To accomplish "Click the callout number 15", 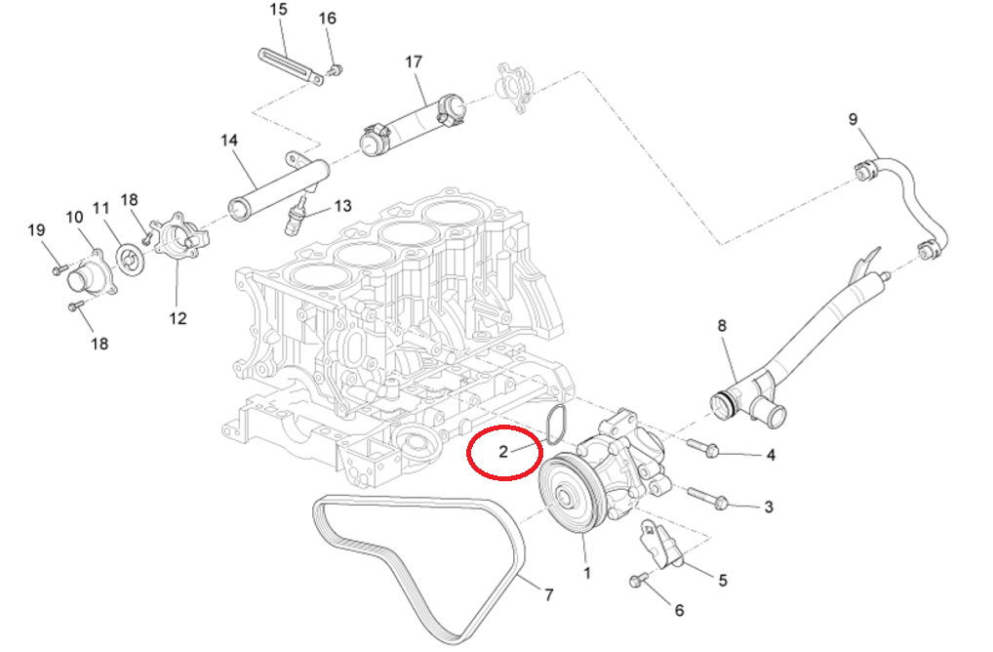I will [x=278, y=10].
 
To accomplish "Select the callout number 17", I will [x=414, y=61].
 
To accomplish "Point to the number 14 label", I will [x=229, y=141].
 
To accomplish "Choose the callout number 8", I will [x=722, y=326].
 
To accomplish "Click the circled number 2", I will [x=503, y=452].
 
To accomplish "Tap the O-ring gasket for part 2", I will [x=556, y=423].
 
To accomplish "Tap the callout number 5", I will [x=723, y=580].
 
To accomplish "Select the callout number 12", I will [x=177, y=317].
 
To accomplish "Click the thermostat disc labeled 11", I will [x=128, y=258].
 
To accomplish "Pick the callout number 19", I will [x=36, y=230].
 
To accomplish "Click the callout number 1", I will [x=586, y=573].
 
